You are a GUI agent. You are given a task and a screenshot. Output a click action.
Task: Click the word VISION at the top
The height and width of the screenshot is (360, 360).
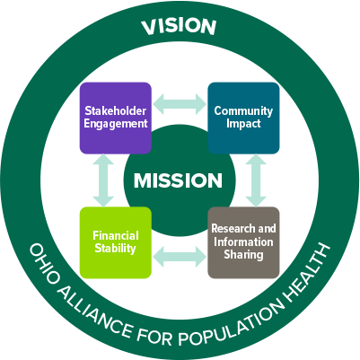click(180, 27)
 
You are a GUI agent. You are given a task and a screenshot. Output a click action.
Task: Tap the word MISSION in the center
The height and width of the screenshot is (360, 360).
click(178, 180)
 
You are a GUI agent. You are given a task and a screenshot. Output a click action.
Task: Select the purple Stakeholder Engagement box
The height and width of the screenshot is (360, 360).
click(115, 118)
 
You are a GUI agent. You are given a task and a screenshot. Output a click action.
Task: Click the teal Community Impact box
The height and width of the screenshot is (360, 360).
click(242, 118)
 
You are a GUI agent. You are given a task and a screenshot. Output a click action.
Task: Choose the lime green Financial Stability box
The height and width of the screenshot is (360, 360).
click(115, 242)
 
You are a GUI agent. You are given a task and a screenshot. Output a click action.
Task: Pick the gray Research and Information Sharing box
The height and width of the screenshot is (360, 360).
click(242, 242)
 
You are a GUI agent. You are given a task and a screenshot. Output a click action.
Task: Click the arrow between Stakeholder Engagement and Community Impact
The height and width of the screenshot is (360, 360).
click(179, 102)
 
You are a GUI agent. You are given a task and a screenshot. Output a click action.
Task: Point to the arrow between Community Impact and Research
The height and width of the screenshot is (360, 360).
click(257, 180)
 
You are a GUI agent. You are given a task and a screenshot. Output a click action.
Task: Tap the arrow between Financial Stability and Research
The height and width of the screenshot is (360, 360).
click(179, 258)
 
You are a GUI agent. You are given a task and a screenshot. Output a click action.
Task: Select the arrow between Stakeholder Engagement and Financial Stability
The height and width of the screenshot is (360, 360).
click(101, 180)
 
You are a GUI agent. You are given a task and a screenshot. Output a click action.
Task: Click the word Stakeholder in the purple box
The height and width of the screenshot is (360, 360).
click(115, 111)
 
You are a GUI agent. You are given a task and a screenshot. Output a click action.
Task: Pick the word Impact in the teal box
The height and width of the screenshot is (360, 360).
click(243, 124)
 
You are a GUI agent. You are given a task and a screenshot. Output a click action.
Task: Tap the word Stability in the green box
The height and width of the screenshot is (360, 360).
click(115, 249)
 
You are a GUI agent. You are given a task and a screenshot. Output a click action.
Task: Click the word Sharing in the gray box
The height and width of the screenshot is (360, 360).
click(243, 255)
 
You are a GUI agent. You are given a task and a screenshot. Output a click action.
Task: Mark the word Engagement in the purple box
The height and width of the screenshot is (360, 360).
click(115, 124)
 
